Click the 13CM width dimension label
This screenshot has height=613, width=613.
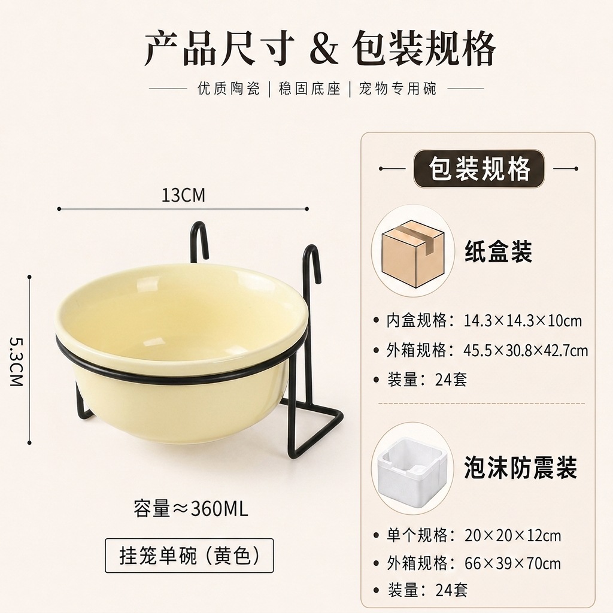tap(183, 195)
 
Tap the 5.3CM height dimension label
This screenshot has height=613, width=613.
tap(16, 361)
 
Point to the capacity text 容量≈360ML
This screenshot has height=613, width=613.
tap(190, 509)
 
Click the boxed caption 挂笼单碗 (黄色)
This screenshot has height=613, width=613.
tap(189, 555)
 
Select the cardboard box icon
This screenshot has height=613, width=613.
tap(413, 253)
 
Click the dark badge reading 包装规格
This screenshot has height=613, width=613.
tap(479, 169)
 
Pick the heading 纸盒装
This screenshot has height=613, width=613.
tap(498, 251)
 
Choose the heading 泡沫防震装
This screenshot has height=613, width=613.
tap(520, 468)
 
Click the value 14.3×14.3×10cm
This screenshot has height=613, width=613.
tap(523, 321)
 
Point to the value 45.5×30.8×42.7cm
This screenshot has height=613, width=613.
tap(526, 350)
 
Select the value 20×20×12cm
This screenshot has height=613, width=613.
tap(512, 535)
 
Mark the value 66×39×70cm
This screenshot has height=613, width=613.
tap(512, 563)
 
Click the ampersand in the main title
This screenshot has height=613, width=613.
tap(324, 50)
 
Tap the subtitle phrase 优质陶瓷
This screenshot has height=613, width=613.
tap(229, 89)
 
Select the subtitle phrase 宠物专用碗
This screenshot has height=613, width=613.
tap(397, 89)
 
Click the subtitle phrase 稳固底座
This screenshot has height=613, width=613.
tap(309, 89)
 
